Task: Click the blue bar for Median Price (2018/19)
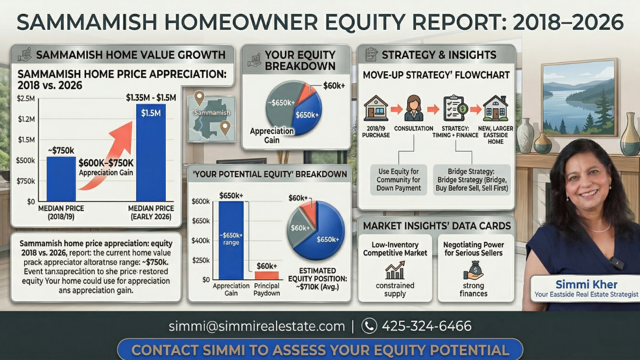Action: tap(61, 178)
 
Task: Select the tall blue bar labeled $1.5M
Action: tap(150, 155)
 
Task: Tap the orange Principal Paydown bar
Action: tap(266, 275)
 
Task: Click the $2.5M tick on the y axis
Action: tap(26, 98)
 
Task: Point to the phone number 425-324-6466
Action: tap(426, 326)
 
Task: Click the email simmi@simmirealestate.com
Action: tap(256, 326)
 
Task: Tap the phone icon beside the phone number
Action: tap(369, 326)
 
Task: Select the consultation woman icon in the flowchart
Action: tap(413, 108)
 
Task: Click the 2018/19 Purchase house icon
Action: tap(376, 108)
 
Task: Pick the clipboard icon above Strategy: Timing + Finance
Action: tap(455, 108)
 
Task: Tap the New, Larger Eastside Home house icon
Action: tap(495, 108)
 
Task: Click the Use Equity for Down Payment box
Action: tap(398, 180)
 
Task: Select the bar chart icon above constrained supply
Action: tap(395, 270)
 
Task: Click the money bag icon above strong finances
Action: tap(473, 270)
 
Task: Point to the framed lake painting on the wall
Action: tap(579, 97)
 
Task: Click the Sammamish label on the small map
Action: tap(211, 112)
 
